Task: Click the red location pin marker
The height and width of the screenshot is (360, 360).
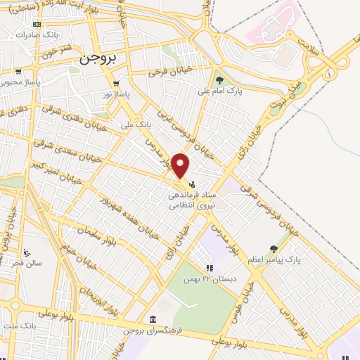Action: tap(181, 165)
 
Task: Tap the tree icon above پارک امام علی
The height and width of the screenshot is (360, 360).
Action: tap(219, 80)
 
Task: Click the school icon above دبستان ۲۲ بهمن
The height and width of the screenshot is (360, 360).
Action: tap(209, 268)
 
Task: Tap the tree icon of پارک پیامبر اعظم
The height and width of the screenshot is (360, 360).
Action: tap(274, 248)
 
